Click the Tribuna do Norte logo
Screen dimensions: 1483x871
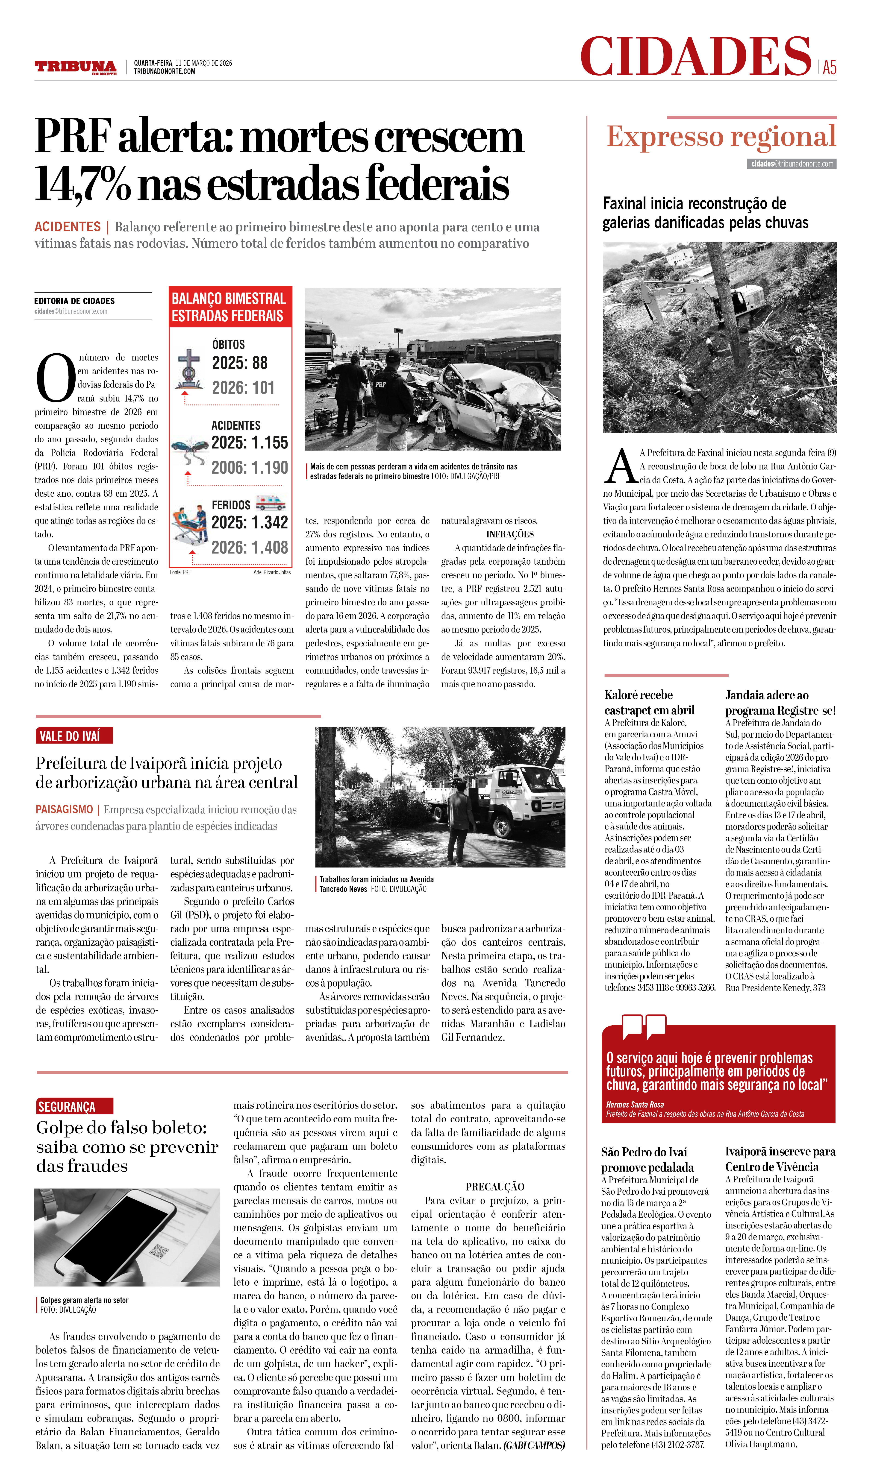click(x=75, y=67)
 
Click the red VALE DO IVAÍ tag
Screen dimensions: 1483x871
click(x=74, y=736)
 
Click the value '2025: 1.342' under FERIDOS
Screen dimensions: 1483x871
click(x=250, y=522)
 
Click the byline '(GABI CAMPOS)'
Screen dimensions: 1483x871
click(x=534, y=1445)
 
